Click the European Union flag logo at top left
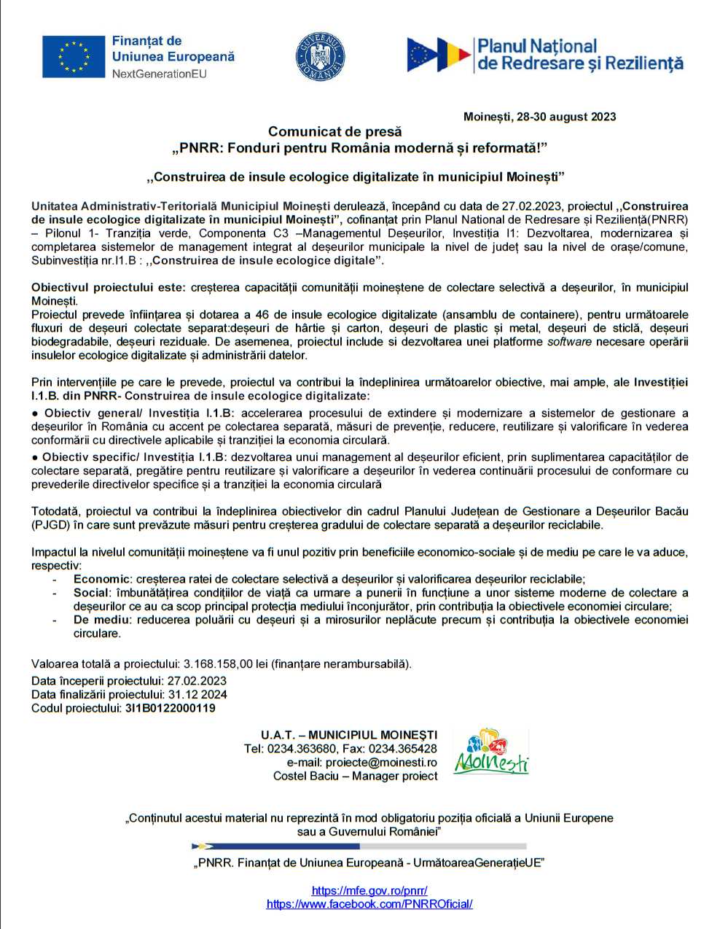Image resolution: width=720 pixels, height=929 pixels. [x=74, y=57]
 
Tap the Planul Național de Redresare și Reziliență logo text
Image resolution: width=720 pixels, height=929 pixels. [x=580, y=55]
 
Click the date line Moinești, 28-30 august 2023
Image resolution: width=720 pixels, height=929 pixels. [x=539, y=117]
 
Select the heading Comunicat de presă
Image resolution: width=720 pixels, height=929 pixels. [x=334, y=132]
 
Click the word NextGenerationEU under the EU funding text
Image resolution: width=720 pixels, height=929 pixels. [x=159, y=74]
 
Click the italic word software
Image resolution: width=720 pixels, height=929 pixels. [x=569, y=342]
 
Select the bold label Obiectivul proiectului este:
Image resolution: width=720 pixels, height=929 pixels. [x=109, y=287]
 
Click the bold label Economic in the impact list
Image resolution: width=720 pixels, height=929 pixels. [x=102, y=579]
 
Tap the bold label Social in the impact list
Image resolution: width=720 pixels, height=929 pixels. [x=92, y=593]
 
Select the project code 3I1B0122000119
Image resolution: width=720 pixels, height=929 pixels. [x=171, y=708]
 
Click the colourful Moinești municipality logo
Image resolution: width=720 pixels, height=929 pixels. [x=491, y=751]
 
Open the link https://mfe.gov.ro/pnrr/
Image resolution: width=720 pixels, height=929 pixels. [x=369, y=890]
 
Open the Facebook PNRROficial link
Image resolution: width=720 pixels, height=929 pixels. [x=369, y=904]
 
